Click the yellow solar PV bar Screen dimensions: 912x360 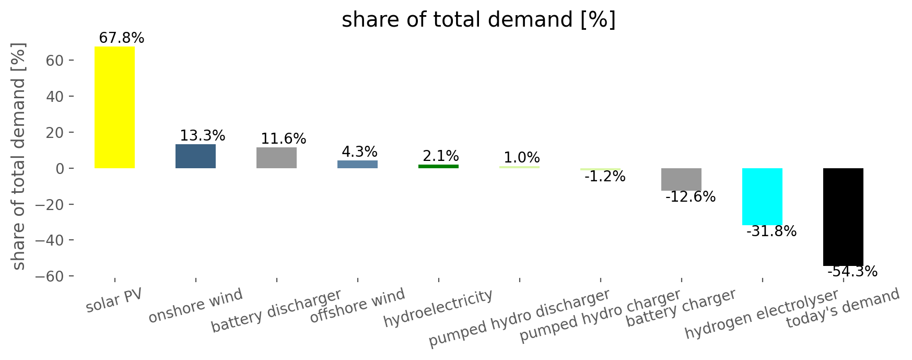pyautogui.click(x=114, y=107)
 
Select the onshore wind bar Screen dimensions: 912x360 pyautogui.click(x=195, y=156)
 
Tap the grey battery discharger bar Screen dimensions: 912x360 pyautogui.click(x=276, y=158)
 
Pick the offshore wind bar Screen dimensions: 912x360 pyautogui.click(x=357, y=164)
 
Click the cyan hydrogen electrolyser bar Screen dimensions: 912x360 pyautogui.click(x=762, y=196)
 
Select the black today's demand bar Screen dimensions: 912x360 pyautogui.click(x=843, y=217)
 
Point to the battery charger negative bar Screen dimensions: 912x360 pyautogui.click(x=681, y=179)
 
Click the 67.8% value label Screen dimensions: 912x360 pyautogui.click(x=121, y=38)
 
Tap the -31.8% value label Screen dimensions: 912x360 pyautogui.click(x=771, y=231)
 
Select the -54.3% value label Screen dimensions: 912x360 pyautogui.click(x=852, y=272)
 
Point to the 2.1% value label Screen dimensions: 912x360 pyautogui.click(x=441, y=156)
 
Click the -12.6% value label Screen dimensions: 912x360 pyautogui.click(x=691, y=197)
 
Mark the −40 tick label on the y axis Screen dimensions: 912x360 pyautogui.click(x=49, y=240)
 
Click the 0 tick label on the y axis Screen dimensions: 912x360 pyautogui.click(x=60, y=169)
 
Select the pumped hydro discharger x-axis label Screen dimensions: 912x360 pyautogui.click(x=519, y=318)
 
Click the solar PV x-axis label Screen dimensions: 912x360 pyautogui.click(x=114, y=300)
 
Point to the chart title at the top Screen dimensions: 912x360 pyautogui.click(x=478, y=20)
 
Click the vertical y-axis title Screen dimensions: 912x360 pyautogui.click(x=19, y=157)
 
